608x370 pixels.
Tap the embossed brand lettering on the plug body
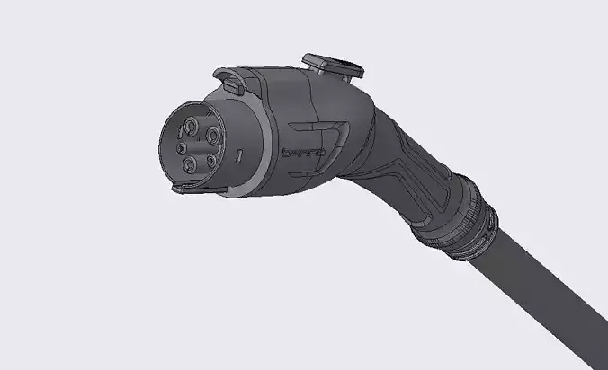tap(304, 153)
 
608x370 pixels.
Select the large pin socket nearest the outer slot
tap(214, 136)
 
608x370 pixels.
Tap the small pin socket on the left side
tap(181, 148)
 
